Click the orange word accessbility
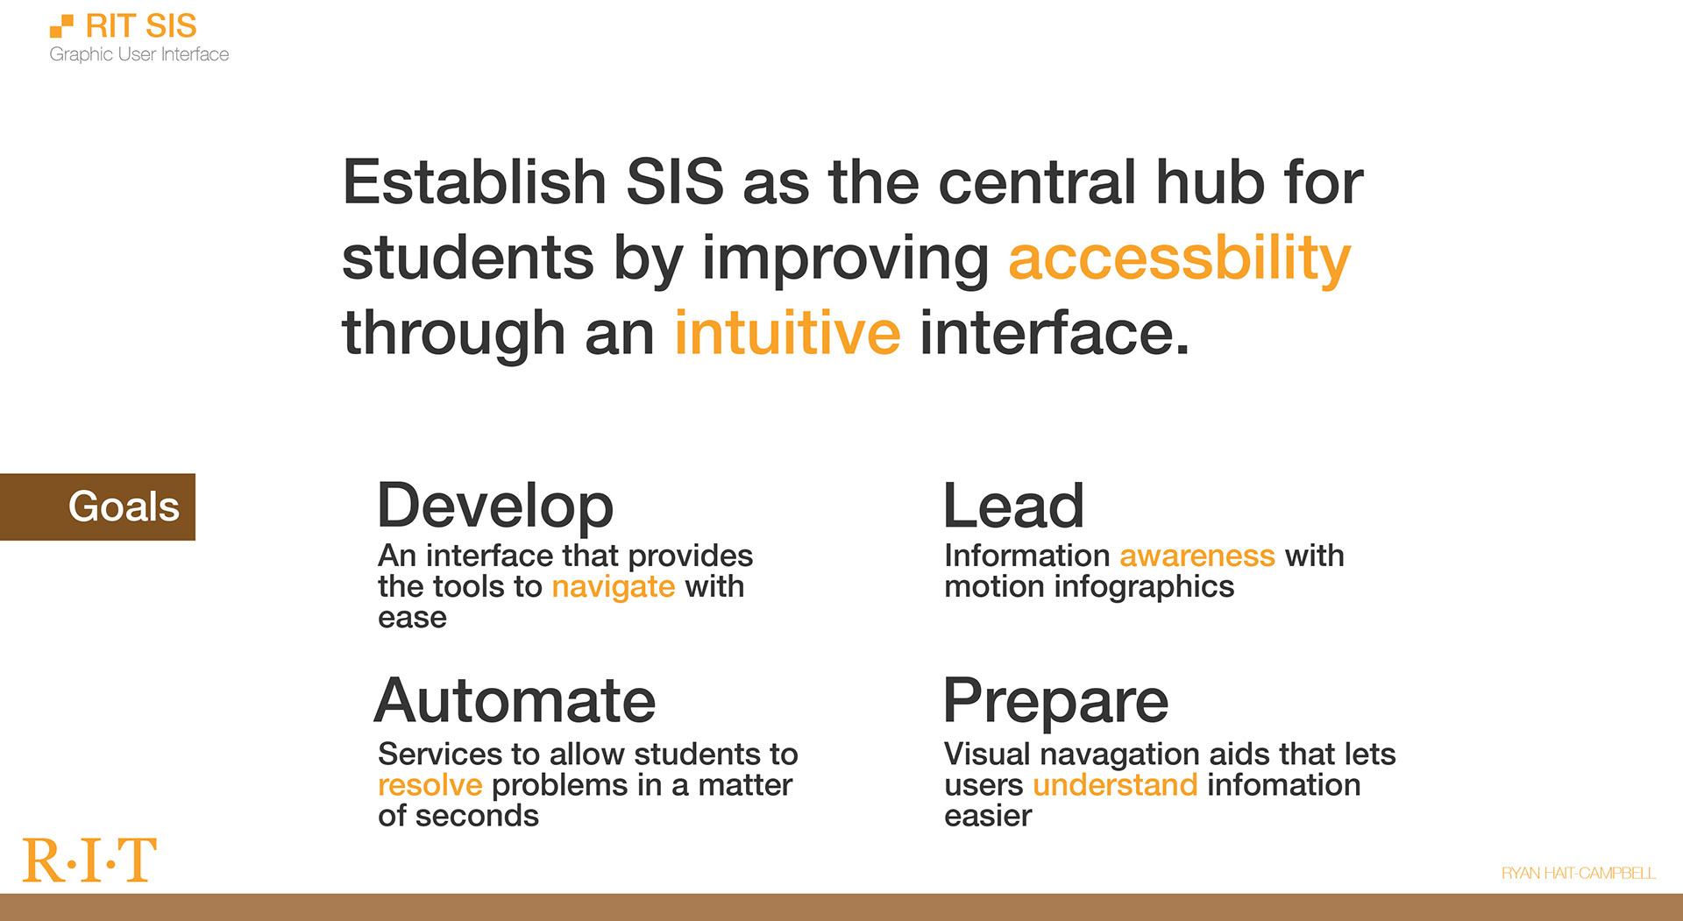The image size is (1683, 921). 1179,259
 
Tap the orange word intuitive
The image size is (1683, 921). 786,334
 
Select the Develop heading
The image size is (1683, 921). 495,507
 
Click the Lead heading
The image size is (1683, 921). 1013,507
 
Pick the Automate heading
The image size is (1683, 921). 515,701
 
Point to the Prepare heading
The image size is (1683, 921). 1055,701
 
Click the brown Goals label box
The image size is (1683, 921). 97,507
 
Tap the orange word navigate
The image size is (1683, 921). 613,586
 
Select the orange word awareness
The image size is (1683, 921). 1197,556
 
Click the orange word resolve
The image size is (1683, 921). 430,785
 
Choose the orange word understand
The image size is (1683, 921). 1114,785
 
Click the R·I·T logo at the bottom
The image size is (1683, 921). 89,861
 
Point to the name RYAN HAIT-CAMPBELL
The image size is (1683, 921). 1578,873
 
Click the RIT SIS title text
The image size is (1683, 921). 140,26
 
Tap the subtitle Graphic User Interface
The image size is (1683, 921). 138,54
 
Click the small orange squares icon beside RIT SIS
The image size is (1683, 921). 61,26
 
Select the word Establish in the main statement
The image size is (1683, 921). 474,182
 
